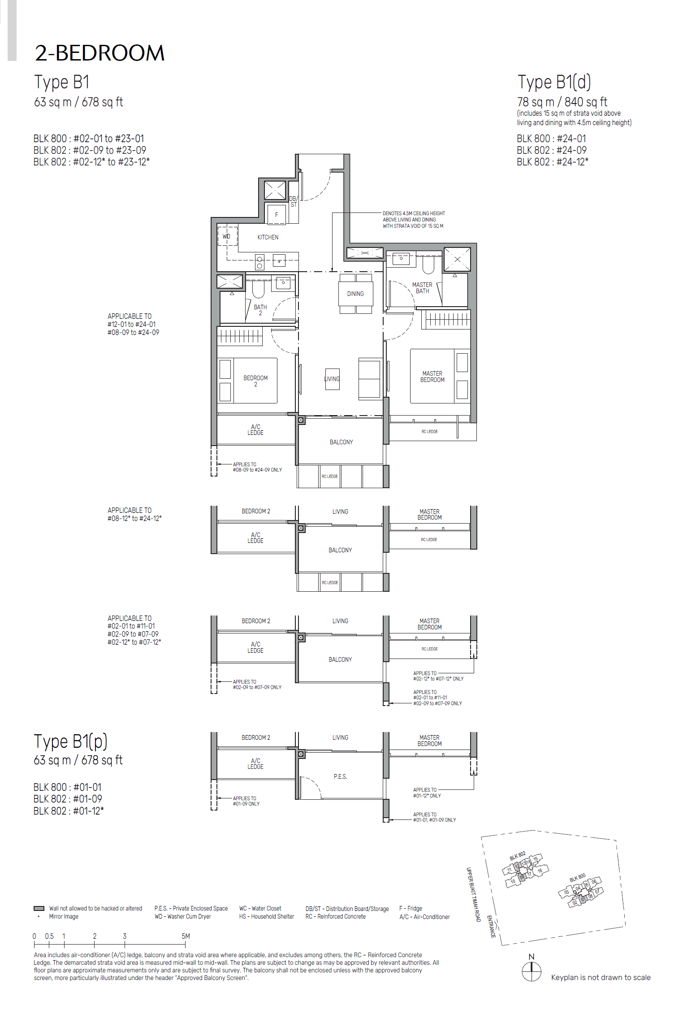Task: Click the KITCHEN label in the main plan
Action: tap(268, 237)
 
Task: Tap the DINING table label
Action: tap(355, 294)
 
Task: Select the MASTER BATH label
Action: tap(422, 288)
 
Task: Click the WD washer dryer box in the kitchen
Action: tap(227, 236)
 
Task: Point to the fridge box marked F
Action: tap(277, 215)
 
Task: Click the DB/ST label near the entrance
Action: tap(293, 202)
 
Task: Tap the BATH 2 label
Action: tap(260, 310)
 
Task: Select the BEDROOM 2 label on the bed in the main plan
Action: tap(255, 381)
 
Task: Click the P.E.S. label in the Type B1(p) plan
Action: tap(340, 776)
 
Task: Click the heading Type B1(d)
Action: tap(554, 82)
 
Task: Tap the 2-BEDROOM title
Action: tap(99, 53)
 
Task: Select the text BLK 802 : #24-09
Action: tap(551, 150)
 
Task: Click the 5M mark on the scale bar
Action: tap(186, 936)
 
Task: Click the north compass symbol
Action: tap(532, 971)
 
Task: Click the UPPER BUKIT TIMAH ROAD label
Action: tap(473, 894)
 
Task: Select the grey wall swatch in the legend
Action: tap(39, 909)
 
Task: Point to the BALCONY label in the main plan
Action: tap(341, 442)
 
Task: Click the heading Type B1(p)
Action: tap(71, 741)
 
